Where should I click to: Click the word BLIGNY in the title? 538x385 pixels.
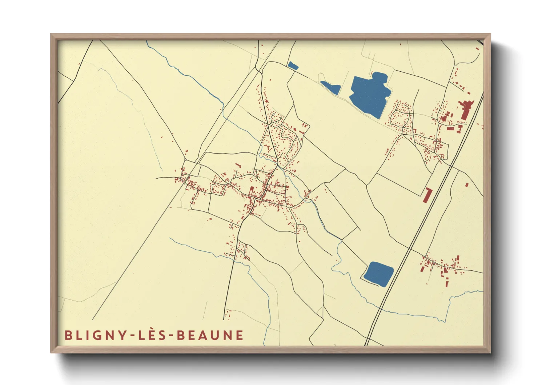[95, 335]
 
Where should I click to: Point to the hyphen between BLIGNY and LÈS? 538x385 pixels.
[132, 336]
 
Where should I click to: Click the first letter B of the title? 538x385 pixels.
[68, 335]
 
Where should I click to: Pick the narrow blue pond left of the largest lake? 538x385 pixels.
[331, 87]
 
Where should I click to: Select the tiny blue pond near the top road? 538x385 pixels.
[293, 66]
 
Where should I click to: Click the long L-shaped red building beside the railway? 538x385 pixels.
[427, 195]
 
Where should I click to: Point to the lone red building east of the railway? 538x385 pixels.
[467, 185]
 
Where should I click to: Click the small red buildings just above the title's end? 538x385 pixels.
[228, 315]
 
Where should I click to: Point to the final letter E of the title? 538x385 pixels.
[239, 335]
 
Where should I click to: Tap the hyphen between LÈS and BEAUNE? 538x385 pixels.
[171, 336]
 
